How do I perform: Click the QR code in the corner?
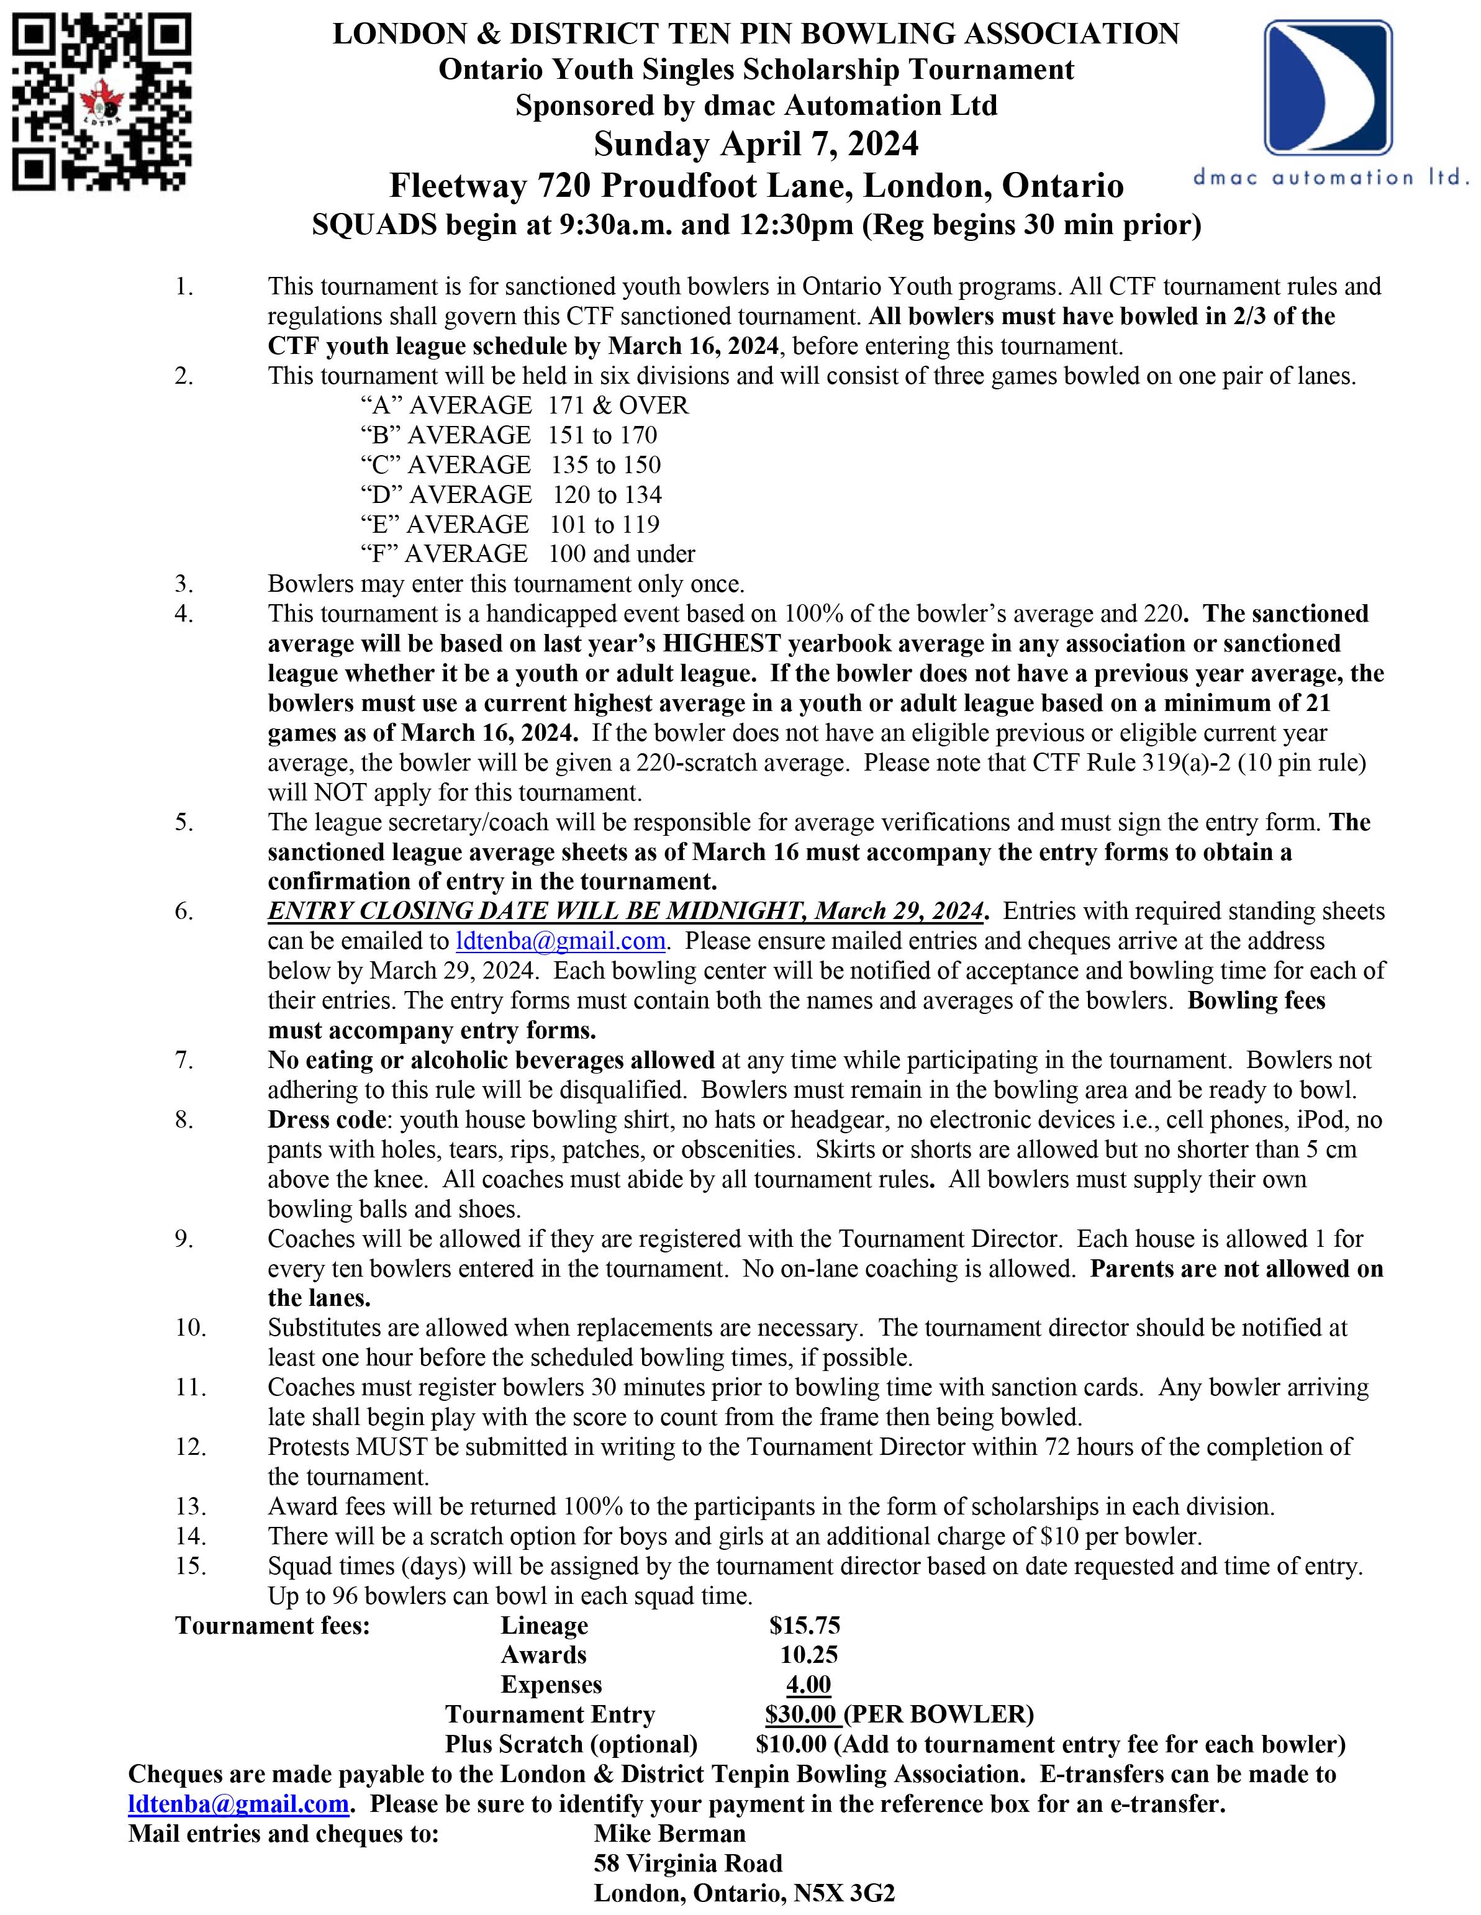coord(102,104)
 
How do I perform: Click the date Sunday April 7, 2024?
coord(756,144)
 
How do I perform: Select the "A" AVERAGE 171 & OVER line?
coord(524,405)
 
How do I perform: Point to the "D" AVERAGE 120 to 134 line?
coord(510,494)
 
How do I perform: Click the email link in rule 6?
coord(560,941)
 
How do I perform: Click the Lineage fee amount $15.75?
coord(804,1626)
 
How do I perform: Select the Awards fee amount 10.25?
coord(808,1655)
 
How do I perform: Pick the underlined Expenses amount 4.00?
coord(808,1685)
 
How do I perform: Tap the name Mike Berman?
coord(669,1834)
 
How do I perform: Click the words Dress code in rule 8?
coord(326,1120)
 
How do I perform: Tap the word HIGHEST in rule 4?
coord(722,643)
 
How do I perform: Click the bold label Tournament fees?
coord(273,1626)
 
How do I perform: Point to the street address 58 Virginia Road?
coord(687,1863)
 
